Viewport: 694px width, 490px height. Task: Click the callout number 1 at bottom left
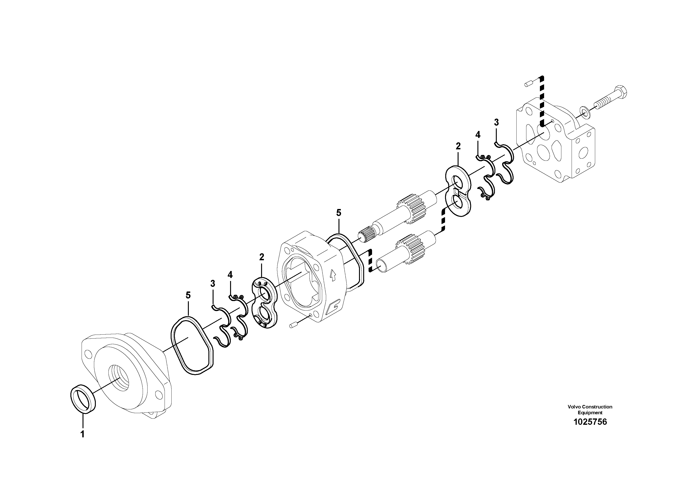click(x=82, y=434)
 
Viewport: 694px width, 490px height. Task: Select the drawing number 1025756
click(x=590, y=422)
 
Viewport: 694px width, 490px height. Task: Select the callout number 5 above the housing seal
click(x=338, y=213)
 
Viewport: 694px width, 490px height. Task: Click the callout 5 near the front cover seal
click(x=188, y=295)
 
